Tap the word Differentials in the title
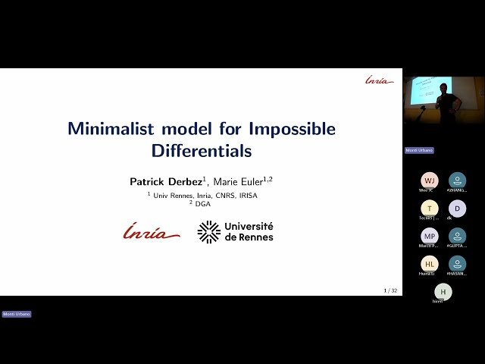click(201, 151)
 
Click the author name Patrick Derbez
click(165, 182)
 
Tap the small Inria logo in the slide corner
click(379, 80)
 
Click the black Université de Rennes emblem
click(208, 231)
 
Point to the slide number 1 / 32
click(390, 290)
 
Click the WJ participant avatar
click(430, 180)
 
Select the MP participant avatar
click(430, 236)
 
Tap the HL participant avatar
click(430, 264)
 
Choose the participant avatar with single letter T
click(430, 209)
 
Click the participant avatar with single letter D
click(457, 209)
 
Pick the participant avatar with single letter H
click(443, 292)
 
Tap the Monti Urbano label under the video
click(419, 150)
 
